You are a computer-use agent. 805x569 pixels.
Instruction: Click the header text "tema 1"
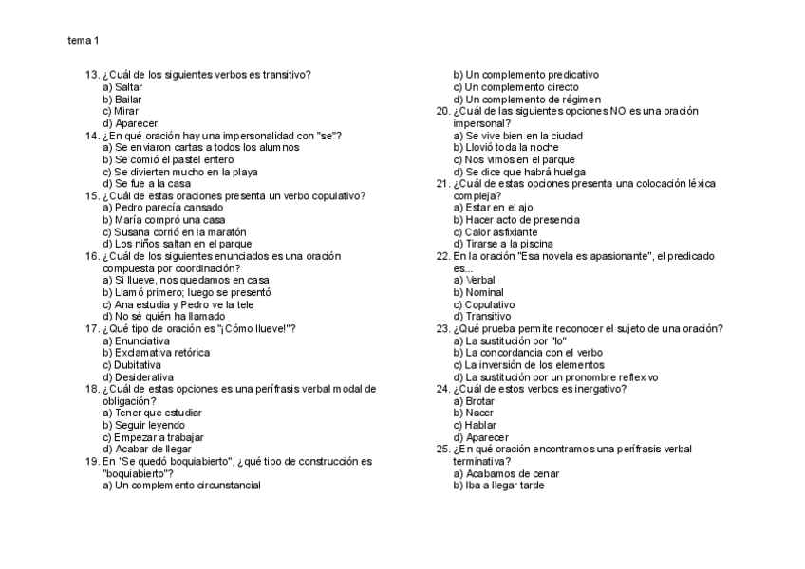pos(83,41)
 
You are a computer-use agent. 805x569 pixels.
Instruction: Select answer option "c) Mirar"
pos(121,111)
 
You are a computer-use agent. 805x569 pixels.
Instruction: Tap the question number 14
pos(92,136)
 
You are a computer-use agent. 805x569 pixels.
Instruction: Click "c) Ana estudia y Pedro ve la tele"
pos(178,304)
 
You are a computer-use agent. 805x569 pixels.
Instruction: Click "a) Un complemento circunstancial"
pos(181,486)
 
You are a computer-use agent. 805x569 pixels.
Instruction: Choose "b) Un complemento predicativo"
pos(526,75)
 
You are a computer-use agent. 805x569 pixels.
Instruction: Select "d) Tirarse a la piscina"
pos(502,244)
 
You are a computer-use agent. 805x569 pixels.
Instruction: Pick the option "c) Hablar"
pos(474,425)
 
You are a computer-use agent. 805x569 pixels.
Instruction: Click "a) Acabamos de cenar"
pos(506,473)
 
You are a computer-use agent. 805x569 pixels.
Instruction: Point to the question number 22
pos(442,256)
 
